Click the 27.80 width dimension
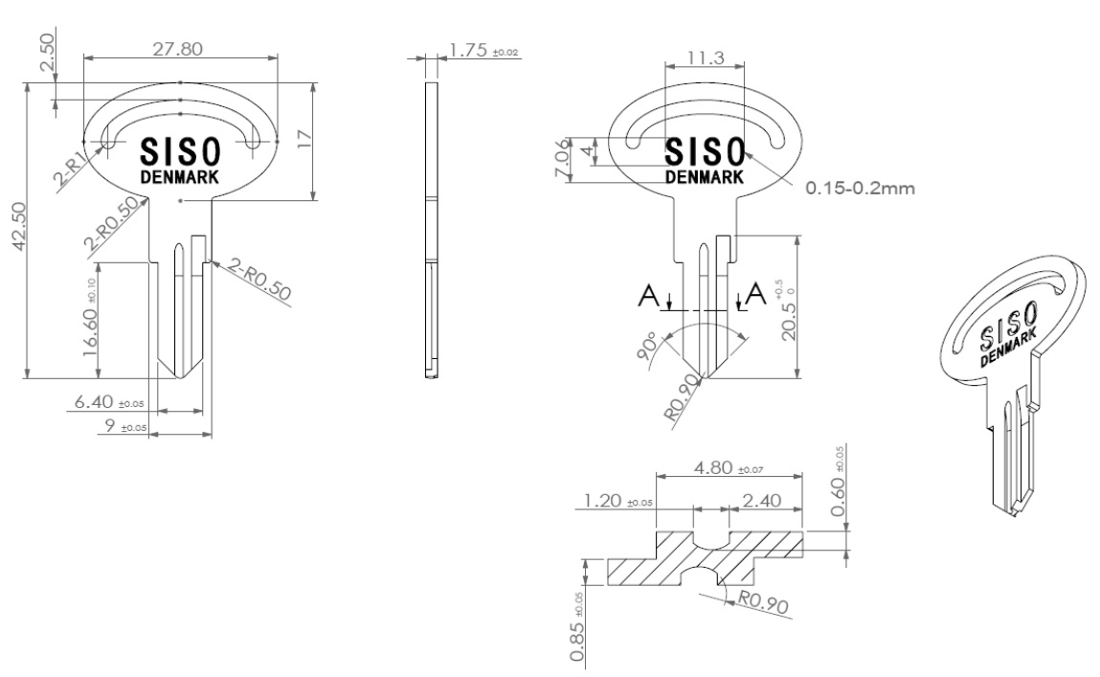[x=180, y=46]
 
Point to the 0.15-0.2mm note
[x=860, y=189]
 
